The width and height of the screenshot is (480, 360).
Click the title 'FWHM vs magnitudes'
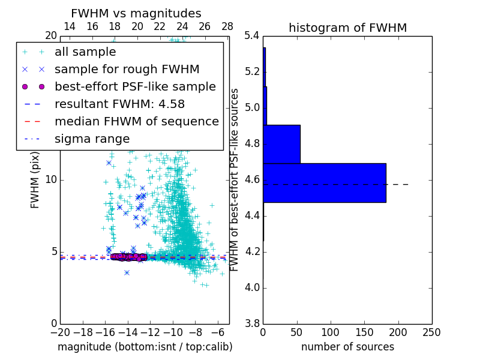[x=136, y=13]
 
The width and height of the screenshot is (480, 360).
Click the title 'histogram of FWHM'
[x=347, y=28]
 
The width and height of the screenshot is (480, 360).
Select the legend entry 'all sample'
[x=85, y=52]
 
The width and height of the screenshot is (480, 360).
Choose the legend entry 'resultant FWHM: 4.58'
[x=119, y=104]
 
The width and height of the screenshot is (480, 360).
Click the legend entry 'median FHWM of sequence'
[x=136, y=121]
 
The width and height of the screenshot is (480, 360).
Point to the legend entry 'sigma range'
[x=92, y=139]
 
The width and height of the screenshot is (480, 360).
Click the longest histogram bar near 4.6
[x=324, y=183]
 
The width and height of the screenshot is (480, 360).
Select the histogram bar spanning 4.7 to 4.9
[x=281, y=144]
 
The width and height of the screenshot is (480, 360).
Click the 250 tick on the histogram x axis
[x=431, y=332]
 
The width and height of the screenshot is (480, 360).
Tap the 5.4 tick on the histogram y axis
[x=253, y=36]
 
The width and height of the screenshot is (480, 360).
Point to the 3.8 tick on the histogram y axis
[x=253, y=323]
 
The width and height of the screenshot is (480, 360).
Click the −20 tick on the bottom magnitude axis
[x=60, y=332]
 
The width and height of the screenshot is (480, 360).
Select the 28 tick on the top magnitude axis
[x=227, y=26]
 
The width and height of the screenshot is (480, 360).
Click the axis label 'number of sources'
[x=347, y=347]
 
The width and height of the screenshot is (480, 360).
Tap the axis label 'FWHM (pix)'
[x=35, y=180]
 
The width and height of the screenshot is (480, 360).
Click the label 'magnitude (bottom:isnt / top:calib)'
[x=145, y=347]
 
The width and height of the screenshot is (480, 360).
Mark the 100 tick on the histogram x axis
[x=331, y=332]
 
